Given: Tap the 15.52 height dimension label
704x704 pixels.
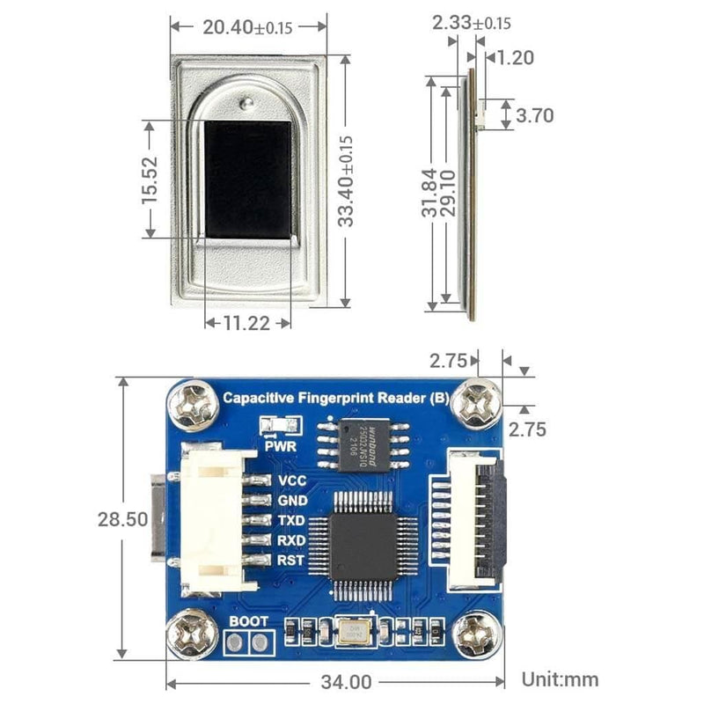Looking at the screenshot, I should (150, 179).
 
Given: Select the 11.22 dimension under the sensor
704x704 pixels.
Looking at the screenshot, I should (246, 324).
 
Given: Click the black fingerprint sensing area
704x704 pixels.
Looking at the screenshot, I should (247, 179).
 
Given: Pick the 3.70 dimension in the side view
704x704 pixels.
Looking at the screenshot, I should (535, 115).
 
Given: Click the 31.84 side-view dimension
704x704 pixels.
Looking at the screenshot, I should (429, 194).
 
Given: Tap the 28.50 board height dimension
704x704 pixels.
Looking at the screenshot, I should (122, 519).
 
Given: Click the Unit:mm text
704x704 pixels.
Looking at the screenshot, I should (560, 678).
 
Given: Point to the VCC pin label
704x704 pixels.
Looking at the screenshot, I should (291, 481).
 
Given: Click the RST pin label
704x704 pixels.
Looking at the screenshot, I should (291, 560).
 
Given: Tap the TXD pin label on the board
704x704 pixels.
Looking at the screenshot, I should (291, 521).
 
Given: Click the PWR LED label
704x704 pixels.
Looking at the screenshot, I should (278, 445).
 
